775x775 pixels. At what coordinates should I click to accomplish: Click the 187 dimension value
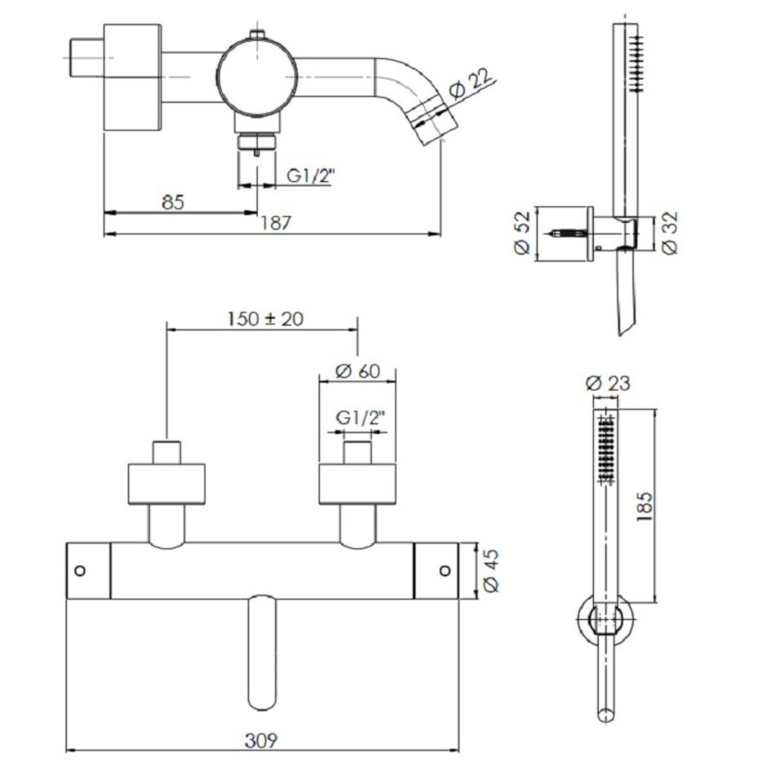[x=276, y=223]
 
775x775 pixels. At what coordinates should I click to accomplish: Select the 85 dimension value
[x=172, y=202]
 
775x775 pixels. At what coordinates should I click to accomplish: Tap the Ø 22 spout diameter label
[x=471, y=85]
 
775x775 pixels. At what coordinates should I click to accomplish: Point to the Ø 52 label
[x=522, y=232]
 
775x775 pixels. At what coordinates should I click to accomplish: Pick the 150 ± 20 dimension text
[x=265, y=319]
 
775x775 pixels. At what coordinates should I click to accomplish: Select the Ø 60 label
[x=358, y=370]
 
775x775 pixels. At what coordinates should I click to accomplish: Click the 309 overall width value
[x=262, y=741]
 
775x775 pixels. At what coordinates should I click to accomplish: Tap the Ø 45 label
[x=491, y=571]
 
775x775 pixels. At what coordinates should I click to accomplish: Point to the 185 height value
[x=645, y=507]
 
